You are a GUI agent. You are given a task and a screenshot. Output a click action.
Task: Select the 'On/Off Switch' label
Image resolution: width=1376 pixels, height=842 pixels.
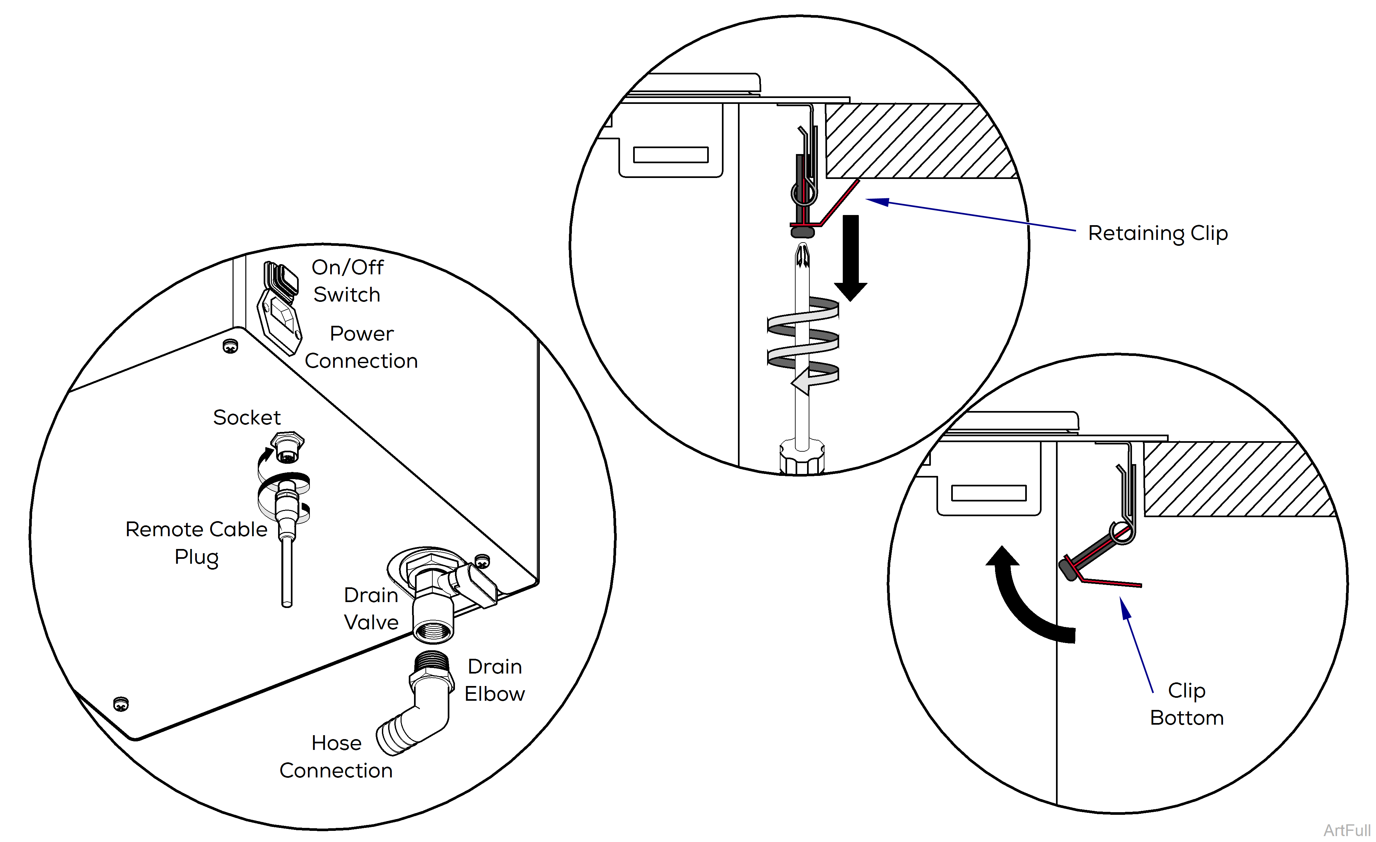click(347, 281)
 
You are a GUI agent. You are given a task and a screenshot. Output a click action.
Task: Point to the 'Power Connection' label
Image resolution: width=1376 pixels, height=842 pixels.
click(361, 347)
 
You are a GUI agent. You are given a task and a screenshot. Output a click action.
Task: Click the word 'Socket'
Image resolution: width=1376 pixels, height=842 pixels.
click(247, 417)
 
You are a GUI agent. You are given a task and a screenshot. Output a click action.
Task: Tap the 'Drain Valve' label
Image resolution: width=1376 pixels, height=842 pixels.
click(371, 608)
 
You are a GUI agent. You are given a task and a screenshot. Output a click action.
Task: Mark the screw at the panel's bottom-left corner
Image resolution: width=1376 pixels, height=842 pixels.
click(121, 704)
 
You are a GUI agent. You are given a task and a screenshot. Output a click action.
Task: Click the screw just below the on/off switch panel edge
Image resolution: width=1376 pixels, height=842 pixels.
click(230, 346)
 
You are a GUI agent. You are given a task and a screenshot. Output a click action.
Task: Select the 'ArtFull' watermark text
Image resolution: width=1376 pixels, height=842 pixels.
click(1347, 830)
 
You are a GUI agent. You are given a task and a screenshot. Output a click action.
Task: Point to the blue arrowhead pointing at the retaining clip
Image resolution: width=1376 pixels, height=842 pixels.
click(878, 201)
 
